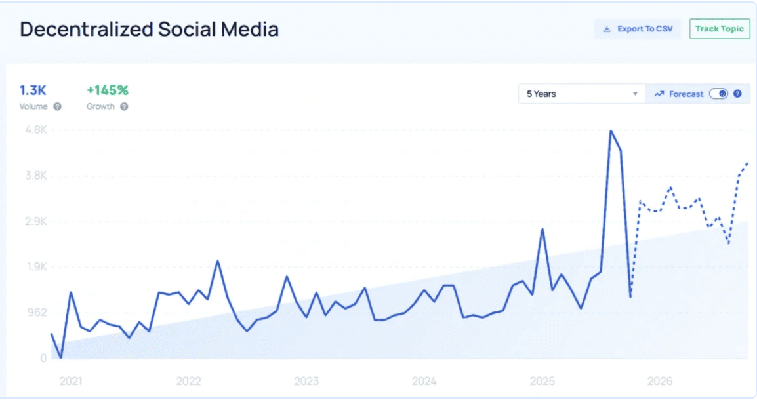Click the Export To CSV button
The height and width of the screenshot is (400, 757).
click(x=638, y=29)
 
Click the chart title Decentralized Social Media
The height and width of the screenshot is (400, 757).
click(x=149, y=30)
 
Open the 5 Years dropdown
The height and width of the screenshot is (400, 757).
click(x=581, y=94)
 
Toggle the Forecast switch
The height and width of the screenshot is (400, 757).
click(x=719, y=94)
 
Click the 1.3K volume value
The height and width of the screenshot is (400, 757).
click(x=33, y=90)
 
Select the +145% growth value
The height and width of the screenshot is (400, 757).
click(x=107, y=90)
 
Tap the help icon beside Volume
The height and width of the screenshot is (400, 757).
click(x=58, y=106)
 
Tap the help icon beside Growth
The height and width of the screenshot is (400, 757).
click(x=124, y=106)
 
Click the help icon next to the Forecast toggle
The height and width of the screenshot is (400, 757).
click(x=738, y=94)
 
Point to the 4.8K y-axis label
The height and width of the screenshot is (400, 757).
click(x=35, y=130)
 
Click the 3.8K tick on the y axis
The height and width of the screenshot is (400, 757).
click(x=35, y=176)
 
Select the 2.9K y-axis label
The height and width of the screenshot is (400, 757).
click(x=35, y=222)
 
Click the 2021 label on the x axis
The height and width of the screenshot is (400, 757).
click(x=71, y=381)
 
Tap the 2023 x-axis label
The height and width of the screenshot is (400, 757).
click(x=306, y=381)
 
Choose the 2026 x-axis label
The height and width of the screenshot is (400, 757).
click(x=659, y=381)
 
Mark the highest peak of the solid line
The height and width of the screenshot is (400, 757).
click(x=611, y=131)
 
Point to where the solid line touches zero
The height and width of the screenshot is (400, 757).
click(x=61, y=358)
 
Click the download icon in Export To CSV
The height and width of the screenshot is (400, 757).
click(x=607, y=29)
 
